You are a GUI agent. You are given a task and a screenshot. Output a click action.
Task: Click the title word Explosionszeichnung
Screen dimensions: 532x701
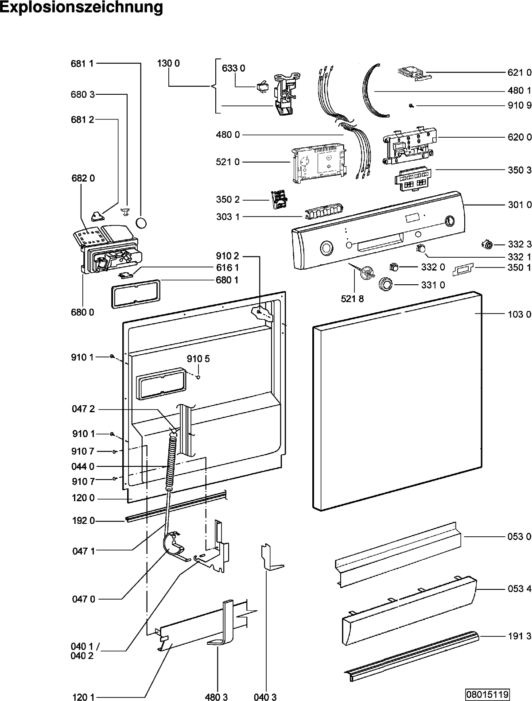click(82, 7)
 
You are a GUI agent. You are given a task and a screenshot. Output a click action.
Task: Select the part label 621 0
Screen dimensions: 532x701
click(520, 73)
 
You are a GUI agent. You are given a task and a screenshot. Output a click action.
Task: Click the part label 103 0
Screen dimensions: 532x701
click(520, 314)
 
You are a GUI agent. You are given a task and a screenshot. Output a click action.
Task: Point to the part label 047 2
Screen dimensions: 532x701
click(83, 409)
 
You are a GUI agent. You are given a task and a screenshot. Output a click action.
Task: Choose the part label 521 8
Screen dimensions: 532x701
click(352, 298)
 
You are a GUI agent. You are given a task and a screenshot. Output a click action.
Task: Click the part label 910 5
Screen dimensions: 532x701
click(198, 359)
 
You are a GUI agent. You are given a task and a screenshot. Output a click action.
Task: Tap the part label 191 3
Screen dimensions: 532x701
click(520, 636)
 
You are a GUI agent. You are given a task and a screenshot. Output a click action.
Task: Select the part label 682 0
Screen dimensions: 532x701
click(83, 178)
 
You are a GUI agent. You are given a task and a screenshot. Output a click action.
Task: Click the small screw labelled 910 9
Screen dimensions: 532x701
click(412, 106)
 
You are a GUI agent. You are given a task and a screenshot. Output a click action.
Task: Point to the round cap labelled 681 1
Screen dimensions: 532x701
click(141, 223)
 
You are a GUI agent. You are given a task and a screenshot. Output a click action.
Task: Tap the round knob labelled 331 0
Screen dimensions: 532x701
click(385, 284)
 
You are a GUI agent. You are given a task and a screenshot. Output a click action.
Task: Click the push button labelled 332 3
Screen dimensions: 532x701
click(487, 245)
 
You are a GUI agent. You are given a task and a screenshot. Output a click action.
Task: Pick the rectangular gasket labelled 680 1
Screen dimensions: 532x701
click(136, 294)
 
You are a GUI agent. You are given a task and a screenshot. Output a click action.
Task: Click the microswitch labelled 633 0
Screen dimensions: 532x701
click(263, 88)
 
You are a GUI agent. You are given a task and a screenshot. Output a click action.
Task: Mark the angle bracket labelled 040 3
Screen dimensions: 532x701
click(272, 557)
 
